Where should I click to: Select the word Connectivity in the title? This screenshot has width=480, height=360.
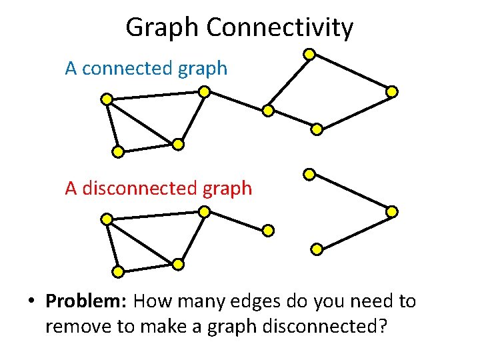(280, 28)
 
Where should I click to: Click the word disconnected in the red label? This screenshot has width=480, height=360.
(142, 188)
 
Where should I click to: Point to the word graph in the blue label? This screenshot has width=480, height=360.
(207, 69)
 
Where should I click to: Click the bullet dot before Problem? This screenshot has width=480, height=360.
(31, 302)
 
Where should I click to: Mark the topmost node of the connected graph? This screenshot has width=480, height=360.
(309, 53)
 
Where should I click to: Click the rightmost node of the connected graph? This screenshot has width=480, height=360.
(393, 91)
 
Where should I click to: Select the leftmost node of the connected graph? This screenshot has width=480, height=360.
(106, 100)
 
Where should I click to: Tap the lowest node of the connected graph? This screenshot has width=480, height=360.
(117, 152)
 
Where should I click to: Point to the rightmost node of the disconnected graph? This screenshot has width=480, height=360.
(392, 211)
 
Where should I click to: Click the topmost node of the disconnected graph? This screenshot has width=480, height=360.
(309, 175)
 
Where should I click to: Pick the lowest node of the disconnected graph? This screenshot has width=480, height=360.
(117, 271)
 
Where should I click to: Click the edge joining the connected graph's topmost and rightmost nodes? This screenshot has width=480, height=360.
(351, 72)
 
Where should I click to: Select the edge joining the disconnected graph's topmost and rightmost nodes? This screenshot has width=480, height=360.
(351, 193)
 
